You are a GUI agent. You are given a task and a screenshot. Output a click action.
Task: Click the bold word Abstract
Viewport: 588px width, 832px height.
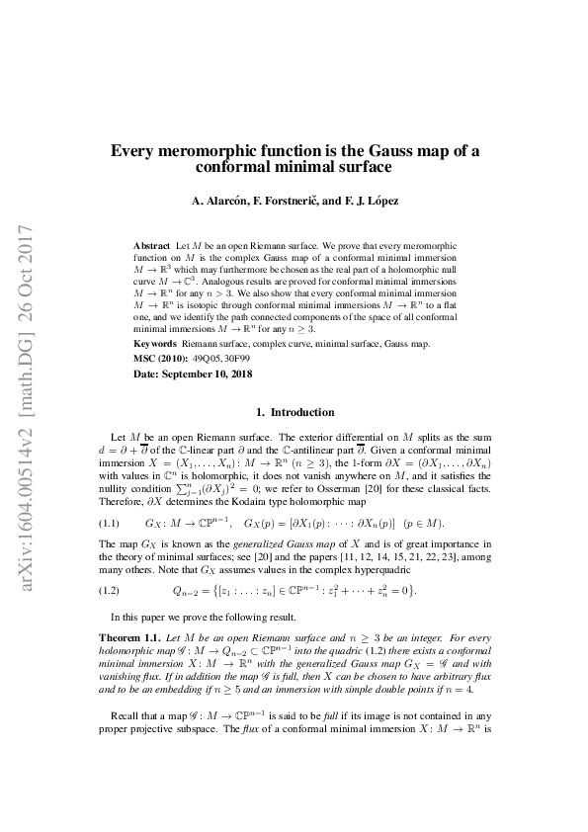151,243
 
